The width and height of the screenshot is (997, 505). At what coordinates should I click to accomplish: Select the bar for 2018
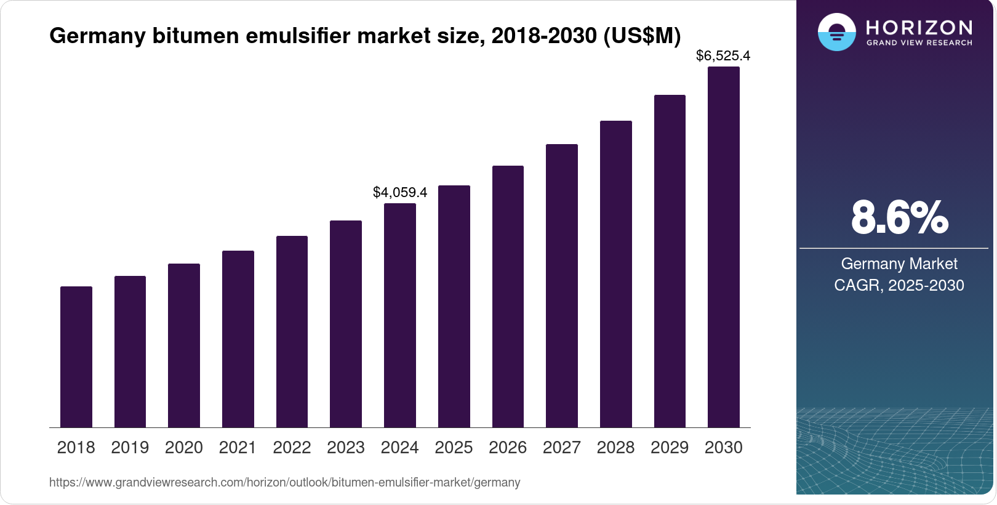(x=76, y=357)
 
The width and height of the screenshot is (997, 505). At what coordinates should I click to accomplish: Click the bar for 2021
(x=238, y=339)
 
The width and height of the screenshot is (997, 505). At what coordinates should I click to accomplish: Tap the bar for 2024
(x=400, y=315)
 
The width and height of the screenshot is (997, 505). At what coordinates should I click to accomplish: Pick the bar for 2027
(x=561, y=286)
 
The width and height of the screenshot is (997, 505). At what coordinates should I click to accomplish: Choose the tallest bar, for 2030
(x=723, y=246)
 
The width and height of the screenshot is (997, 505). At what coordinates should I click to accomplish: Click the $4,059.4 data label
(x=400, y=192)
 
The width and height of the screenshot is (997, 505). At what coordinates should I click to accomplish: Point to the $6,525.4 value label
(x=723, y=56)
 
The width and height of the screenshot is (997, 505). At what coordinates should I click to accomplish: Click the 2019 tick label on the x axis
(x=130, y=448)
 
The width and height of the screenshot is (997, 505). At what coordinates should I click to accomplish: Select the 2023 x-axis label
(x=346, y=448)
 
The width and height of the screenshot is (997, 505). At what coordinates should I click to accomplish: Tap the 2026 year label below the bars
(x=508, y=448)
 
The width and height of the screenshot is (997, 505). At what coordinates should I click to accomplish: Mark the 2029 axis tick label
(x=670, y=448)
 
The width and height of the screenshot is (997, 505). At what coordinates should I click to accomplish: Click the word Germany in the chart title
(x=97, y=36)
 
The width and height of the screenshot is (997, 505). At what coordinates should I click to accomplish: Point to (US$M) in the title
(x=642, y=36)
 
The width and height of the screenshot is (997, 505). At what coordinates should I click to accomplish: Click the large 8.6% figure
(x=899, y=217)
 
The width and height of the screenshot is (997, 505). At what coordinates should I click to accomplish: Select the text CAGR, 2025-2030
(x=899, y=285)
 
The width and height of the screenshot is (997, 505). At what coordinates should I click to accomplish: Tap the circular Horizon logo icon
(x=836, y=32)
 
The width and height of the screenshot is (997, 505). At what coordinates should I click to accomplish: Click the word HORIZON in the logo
(x=919, y=27)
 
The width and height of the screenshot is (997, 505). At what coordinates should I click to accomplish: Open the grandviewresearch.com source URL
(x=284, y=482)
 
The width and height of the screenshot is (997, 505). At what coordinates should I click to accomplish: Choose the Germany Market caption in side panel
(x=899, y=264)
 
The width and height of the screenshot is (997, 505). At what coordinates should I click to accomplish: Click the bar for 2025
(x=454, y=307)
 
